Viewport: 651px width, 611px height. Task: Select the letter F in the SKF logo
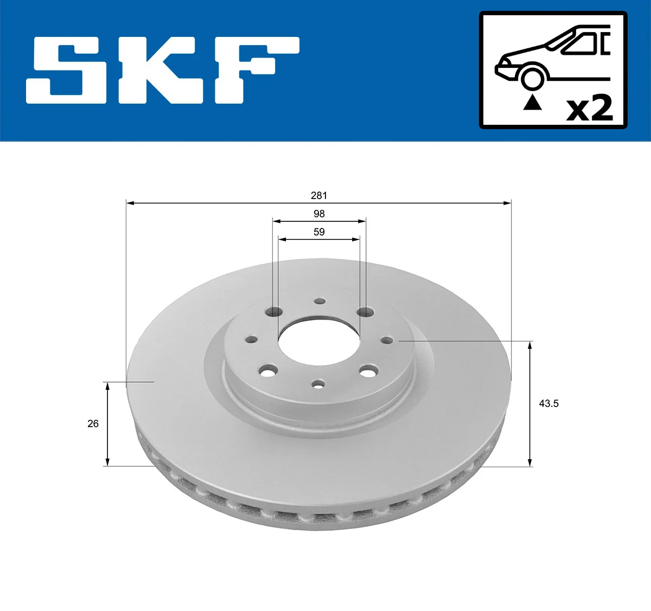(x=255, y=69)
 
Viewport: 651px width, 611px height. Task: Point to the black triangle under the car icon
(x=532, y=102)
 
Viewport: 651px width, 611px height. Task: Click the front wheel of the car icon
(x=532, y=77)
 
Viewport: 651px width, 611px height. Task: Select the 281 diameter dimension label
(x=319, y=195)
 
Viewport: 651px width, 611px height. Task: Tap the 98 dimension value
(x=319, y=214)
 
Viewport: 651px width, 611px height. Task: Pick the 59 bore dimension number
(x=319, y=232)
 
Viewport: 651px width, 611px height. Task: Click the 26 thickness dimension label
(x=93, y=423)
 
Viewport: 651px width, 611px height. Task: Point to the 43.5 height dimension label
(x=548, y=403)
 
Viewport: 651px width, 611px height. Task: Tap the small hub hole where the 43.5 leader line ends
(x=386, y=340)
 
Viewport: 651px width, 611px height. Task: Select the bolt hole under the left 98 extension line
(x=275, y=312)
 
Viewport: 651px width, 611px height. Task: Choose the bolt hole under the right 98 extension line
(x=365, y=312)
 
